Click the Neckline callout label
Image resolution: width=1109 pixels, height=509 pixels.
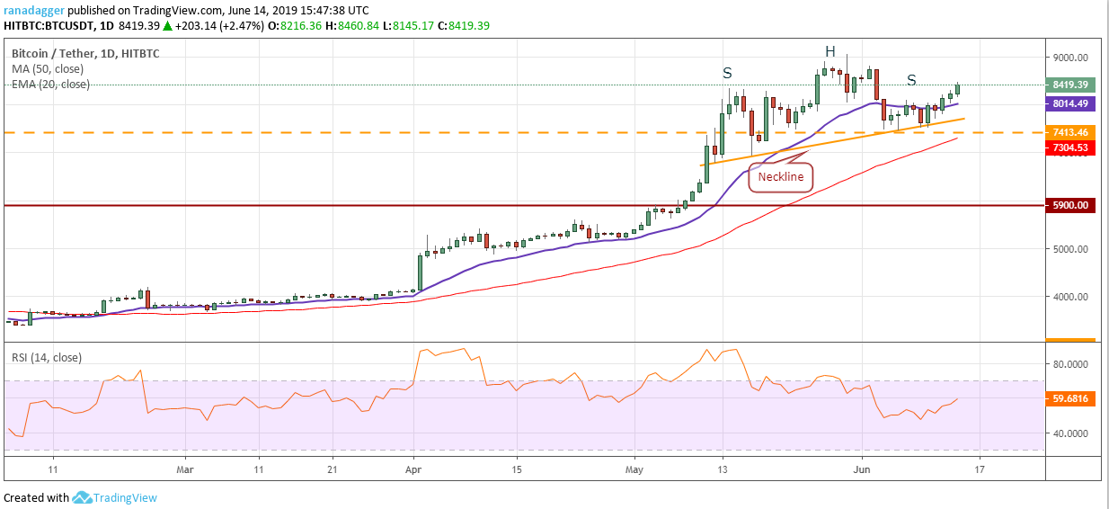(780, 177)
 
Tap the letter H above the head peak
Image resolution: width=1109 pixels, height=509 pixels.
(831, 50)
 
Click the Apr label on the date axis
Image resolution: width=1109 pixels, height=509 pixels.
(413, 469)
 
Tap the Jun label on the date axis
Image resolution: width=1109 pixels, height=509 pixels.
(862, 469)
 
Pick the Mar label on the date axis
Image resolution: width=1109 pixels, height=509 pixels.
(184, 469)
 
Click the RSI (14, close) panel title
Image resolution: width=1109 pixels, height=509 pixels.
(46, 357)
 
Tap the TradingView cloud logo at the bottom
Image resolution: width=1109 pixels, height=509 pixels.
(83, 497)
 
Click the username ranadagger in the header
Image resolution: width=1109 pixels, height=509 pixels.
(33, 10)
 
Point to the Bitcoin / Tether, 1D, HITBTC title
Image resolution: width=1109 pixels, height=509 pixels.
(85, 54)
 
